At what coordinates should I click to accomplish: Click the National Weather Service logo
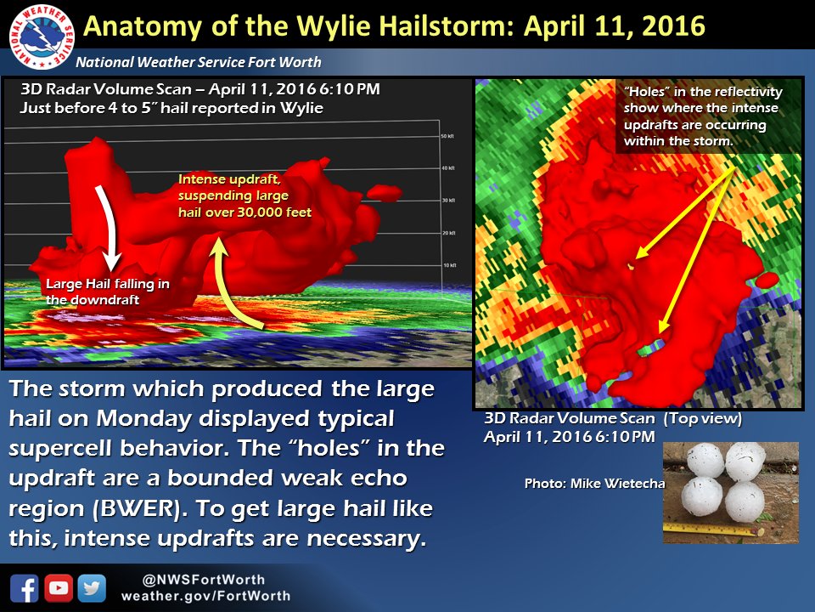click(x=38, y=39)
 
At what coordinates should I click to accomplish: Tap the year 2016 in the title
click(x=668, y=26)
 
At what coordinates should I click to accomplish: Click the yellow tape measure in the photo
click(x=709, y=529)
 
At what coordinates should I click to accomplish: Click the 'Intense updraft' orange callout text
click(x=244, y=196)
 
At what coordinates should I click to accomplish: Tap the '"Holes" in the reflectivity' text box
click(x=703, y=116)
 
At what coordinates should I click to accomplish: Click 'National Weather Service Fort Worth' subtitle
click(x=199, y=63)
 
